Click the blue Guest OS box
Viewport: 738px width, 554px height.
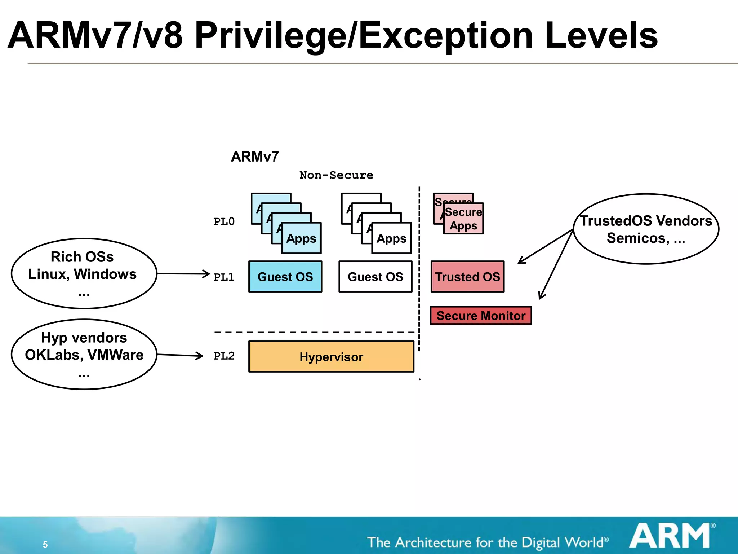tap(285, 277)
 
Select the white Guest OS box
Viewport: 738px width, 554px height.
tap(375, 277)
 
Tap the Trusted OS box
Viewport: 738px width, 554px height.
tap(467, 277)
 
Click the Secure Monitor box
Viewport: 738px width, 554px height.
tap(481, 316)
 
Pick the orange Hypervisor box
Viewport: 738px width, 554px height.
tap(331, 357)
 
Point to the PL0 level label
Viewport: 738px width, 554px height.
tap(224, 221)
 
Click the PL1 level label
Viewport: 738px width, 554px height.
tap(224, 277)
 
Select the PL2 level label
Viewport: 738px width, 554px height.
tap(224, 356)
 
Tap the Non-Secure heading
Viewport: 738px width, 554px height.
tap(336, 175)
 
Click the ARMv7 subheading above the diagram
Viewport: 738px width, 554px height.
tap(255, 157)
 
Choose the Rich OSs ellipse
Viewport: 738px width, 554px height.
tap(84, 273)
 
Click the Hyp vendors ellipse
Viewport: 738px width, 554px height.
tap(84, 354)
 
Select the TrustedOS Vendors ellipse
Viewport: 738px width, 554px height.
tap(646, 229)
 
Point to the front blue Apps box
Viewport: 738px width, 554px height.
tap(301, 238)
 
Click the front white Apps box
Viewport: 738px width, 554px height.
tap(391, 238)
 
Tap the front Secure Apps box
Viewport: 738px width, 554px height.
tap(463, 219)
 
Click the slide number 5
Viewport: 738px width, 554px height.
tap(45, 544)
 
